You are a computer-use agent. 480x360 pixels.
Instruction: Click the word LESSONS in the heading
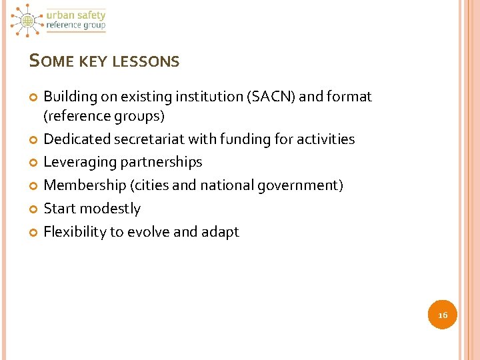145,62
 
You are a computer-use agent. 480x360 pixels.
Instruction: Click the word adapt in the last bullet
219,232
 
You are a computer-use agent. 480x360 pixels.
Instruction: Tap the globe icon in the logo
27,21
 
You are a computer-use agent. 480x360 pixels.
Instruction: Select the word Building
70,97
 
